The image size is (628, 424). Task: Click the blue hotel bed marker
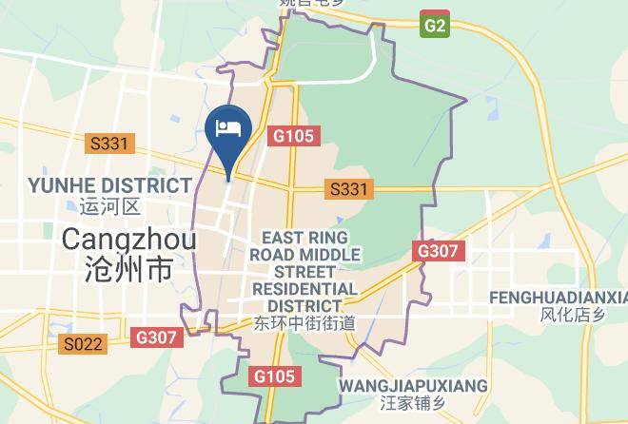coord(228,129)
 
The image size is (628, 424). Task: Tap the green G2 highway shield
coord(434,25)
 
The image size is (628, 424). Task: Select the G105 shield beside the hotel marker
coord(291,136)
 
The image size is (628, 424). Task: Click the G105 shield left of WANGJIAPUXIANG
coord(275,376)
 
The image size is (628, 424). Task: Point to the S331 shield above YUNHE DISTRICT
coord(110,144)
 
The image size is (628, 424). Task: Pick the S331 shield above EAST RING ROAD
coord(348,189)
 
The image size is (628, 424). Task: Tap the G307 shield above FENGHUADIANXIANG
coord(438,252)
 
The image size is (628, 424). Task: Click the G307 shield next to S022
coord(156,337)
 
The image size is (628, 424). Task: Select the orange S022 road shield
coord(83,344)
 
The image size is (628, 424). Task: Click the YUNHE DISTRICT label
coord(110,184)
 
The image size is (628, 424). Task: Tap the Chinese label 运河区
coord(110,206)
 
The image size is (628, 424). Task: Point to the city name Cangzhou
coord(128,239)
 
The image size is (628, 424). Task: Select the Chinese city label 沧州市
coord(128,270)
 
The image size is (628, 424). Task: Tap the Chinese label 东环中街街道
coord(305,323)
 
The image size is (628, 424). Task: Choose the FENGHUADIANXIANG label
coord(558,298)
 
